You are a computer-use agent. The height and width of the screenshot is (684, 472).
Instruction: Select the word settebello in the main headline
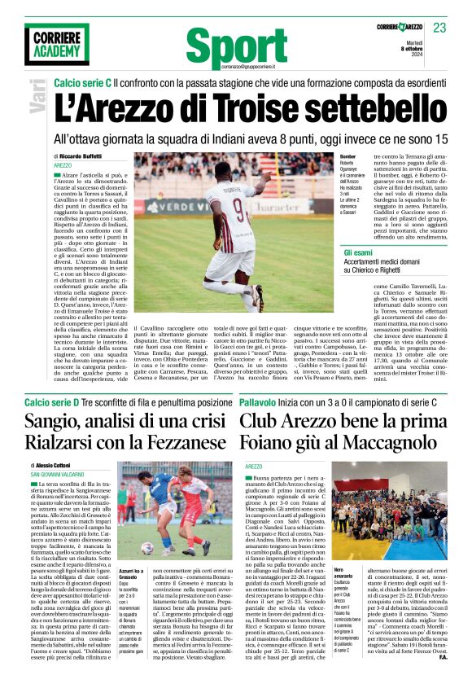(x=362, y=109)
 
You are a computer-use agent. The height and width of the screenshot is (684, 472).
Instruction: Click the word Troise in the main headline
(x=242, y=109)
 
